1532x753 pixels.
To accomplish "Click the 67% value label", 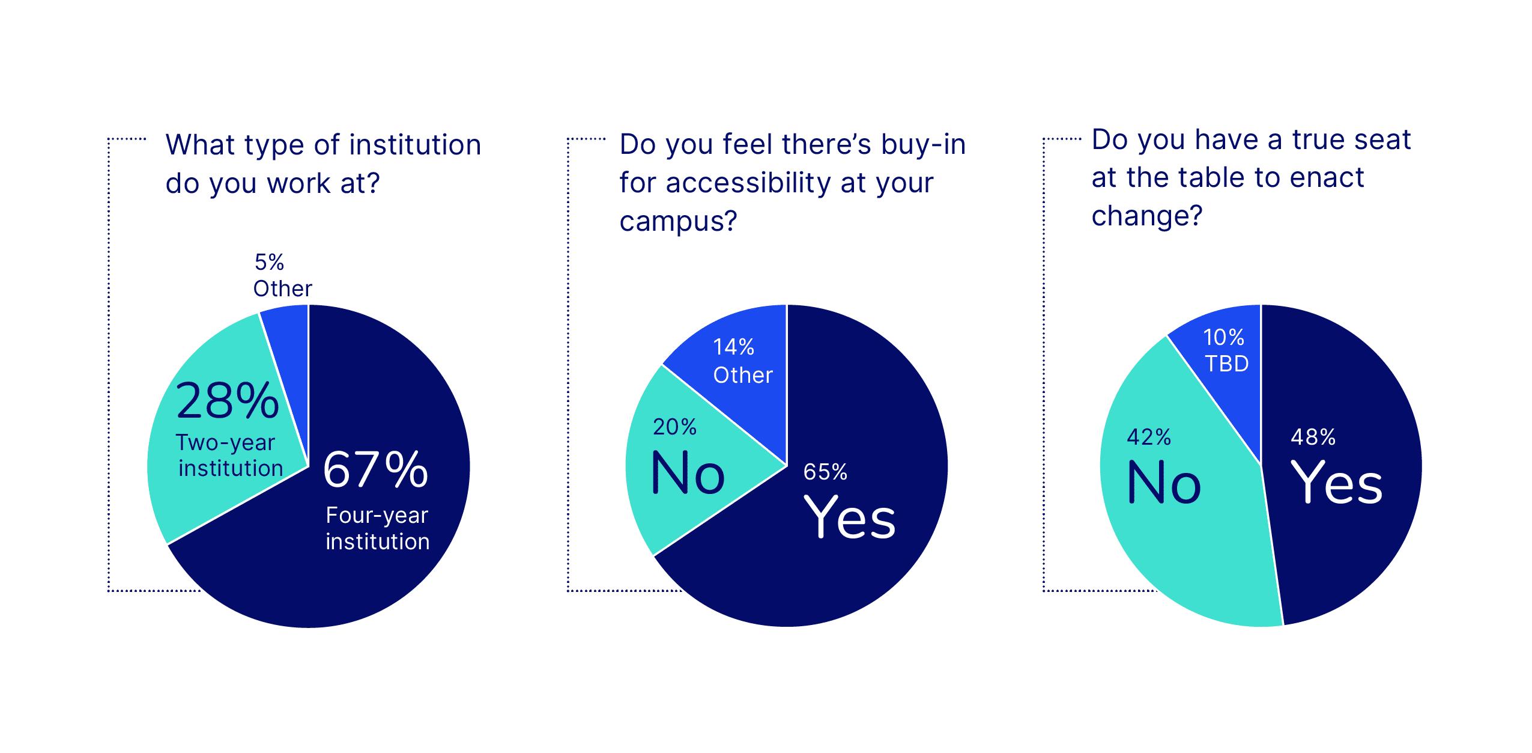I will pyautogui.click(x=375, y=470).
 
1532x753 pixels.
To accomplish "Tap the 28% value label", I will pyautogui.click(x=227, y=401).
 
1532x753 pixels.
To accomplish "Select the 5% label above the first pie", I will pyautogui.click(x=269, y=262).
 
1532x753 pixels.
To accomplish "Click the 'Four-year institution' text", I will pyautogui.click(x=377, y=528).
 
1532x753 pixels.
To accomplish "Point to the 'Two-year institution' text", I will pyautogui.click(x=229, y=456).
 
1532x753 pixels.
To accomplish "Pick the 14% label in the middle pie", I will pyautogui.click(x=733, y=347).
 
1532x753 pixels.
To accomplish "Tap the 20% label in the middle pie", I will pyautogui.click(x=674, y=427).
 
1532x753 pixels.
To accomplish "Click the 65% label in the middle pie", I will pyautogui.click(x=825, y=472).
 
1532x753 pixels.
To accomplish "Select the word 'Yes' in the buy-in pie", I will pyautogui.click(x=849, y=517).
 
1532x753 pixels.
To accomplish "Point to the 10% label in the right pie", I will pyautogui.click(x=1223, y=338).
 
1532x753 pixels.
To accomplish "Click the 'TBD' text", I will pyautogui.click(x=1226, y=364).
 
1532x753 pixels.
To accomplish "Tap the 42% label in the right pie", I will pyautogui.click(x=1148, y=437).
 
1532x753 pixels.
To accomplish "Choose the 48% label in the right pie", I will pyautogui.click(x=1313, y=437).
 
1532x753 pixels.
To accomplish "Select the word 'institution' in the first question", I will pyautogui.click(x=415, y=145).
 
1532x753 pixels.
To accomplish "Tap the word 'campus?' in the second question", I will pyautogui.click(x=678, y=221).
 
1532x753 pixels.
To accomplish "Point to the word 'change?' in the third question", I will pyautogui.click(x=1146, y=215).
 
